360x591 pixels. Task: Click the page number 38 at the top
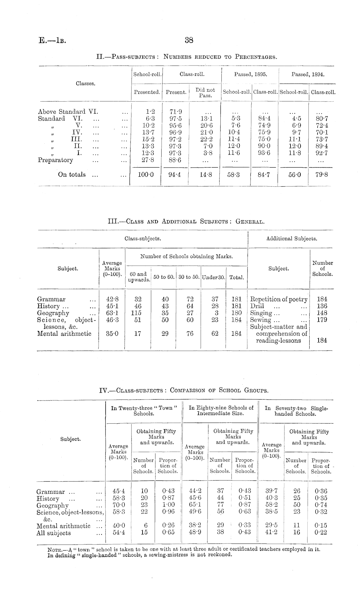coord(189,40)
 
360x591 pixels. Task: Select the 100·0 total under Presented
coord(146,175)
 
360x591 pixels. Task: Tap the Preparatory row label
coord(56,160)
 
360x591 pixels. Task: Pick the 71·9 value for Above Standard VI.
coord(176,112)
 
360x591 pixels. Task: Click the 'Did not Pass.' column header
coord(205,92)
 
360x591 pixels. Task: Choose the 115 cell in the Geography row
coord(138,313)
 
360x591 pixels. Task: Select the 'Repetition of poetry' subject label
coord(279,299)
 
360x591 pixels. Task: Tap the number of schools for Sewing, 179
coord(322,320)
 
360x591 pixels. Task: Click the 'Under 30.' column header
coord(213,277)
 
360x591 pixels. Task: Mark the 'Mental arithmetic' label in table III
coord(64,334)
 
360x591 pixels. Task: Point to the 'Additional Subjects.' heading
coord(291,239)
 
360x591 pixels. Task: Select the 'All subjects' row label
coord(54,533)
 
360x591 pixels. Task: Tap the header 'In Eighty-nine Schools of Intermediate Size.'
coord(221,410)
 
